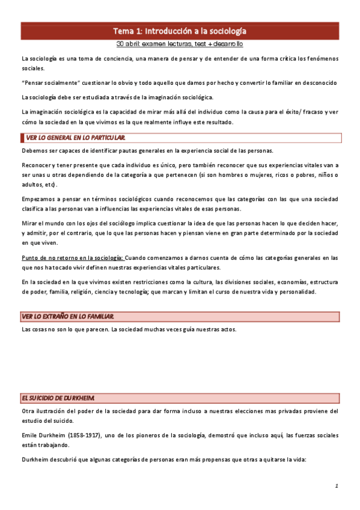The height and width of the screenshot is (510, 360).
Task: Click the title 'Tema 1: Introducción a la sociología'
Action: [x=180, y=31]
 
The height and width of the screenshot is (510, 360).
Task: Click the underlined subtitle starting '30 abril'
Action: [x=180, y=44]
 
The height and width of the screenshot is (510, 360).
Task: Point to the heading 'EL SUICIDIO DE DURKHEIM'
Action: [x=58, y=398]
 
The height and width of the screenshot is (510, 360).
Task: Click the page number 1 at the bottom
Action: [x=337, y=485]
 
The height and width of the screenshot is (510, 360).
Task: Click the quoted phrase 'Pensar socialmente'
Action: [x=49, y=82]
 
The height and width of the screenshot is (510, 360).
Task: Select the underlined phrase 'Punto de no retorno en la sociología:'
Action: [x=72, y=257]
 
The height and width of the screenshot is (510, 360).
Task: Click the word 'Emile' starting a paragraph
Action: [x=30, y=435]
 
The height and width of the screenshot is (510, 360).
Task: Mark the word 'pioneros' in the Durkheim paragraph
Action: [x=155, y=435]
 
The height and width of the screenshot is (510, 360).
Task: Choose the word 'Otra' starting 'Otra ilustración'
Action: [x=28, y=411]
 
